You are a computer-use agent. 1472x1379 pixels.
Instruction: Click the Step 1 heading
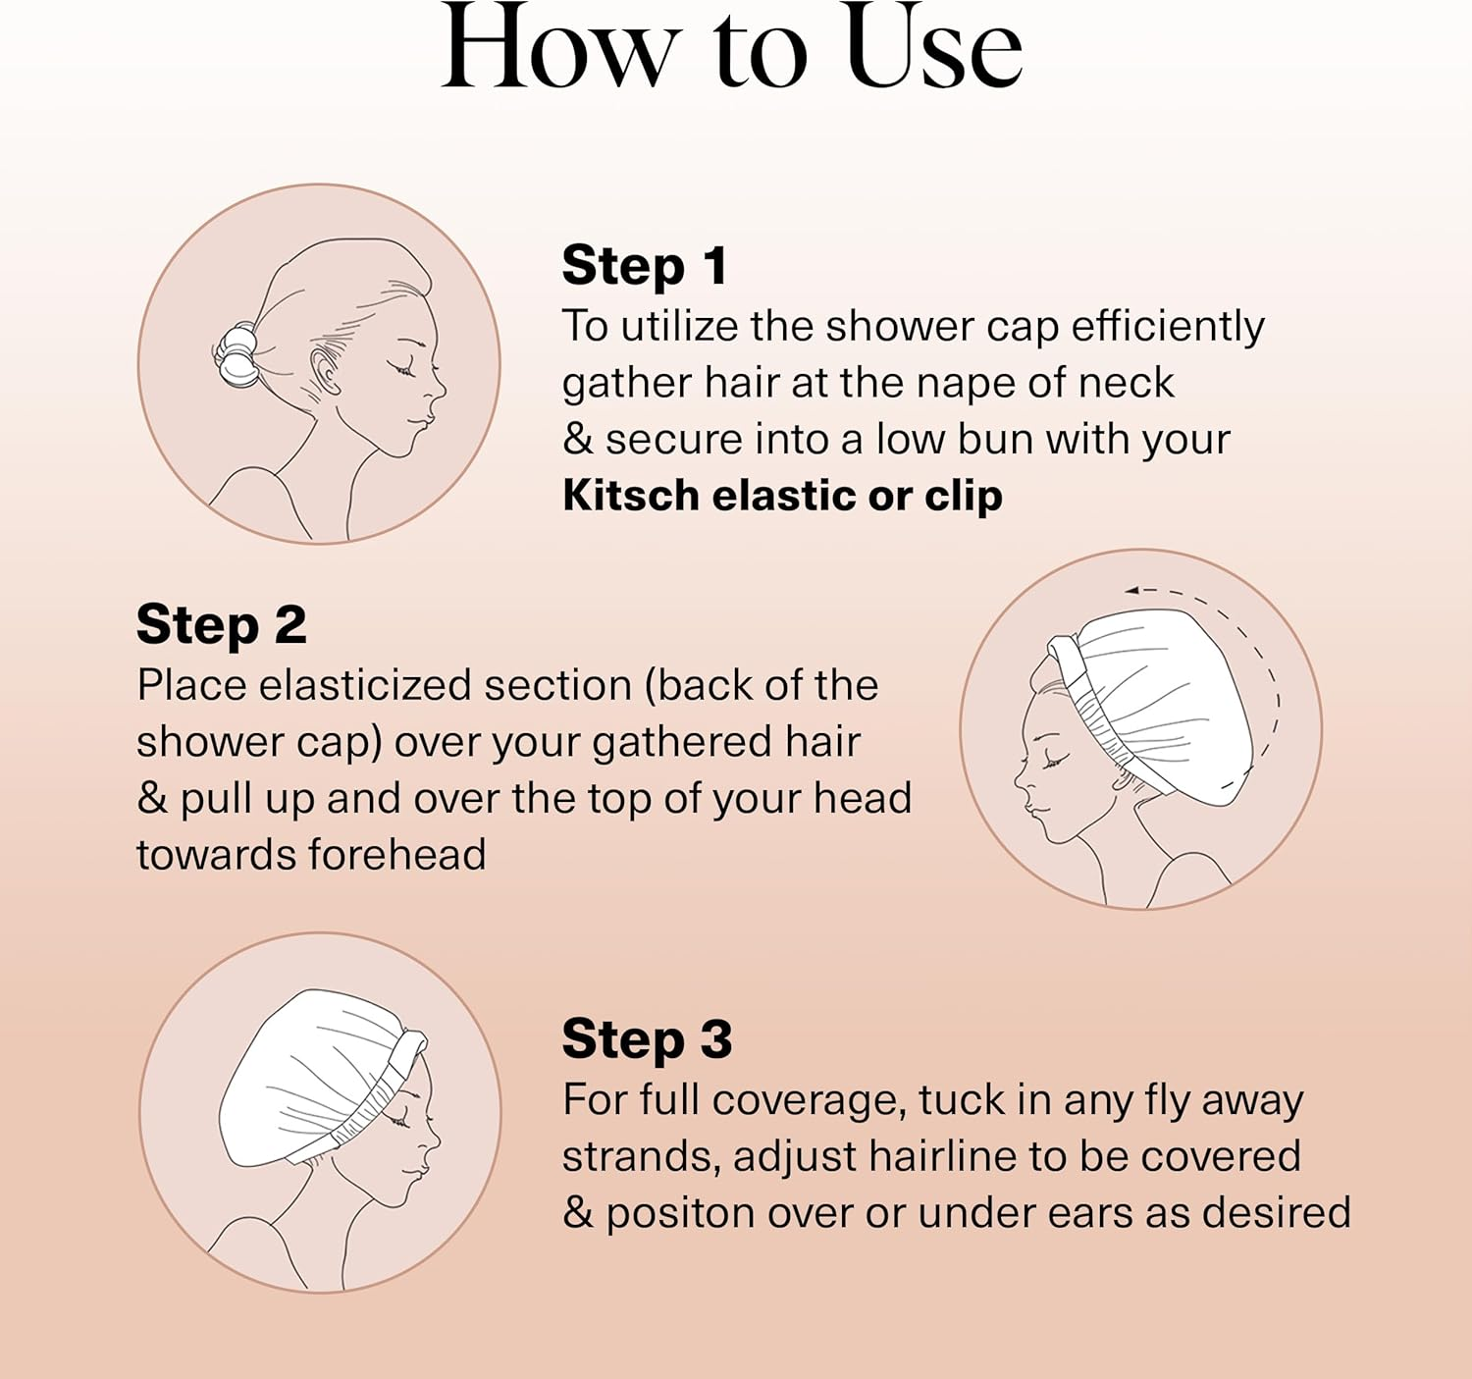(x=644, y=266)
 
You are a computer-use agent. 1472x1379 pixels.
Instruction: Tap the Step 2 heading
(x=221, y=625)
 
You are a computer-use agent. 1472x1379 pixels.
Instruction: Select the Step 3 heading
(x=647, y=1039)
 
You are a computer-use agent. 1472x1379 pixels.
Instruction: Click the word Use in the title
(x=932, y=49)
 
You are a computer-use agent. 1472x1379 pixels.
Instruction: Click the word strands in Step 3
(x=640, y=1157)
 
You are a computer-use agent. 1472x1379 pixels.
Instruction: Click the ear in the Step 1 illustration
(x=325, y=372)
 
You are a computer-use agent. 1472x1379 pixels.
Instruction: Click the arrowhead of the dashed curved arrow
(x=1131, y=590)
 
